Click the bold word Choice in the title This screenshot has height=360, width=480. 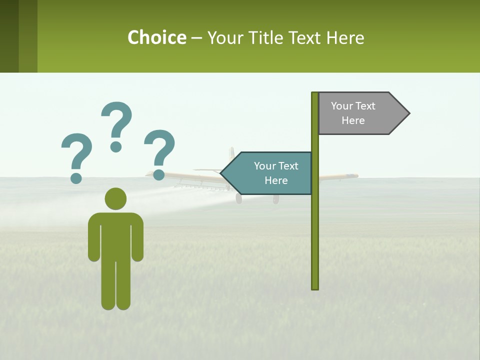[x=156, y=37]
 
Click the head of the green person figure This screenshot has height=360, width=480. [x=115, y=198]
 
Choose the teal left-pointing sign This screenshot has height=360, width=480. [x=270, y=173]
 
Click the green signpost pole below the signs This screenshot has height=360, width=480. [x=315, y=240]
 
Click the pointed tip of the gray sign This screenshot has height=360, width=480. [x=408, y=113]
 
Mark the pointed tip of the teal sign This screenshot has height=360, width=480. [x=222, y=173]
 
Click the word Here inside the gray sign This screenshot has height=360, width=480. [x=353, y=120]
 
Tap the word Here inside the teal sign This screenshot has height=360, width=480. [x=276, y=180]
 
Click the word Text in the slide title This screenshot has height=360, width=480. [x=303, y=37]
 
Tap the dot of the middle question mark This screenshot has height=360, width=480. [x=116, y=146]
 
